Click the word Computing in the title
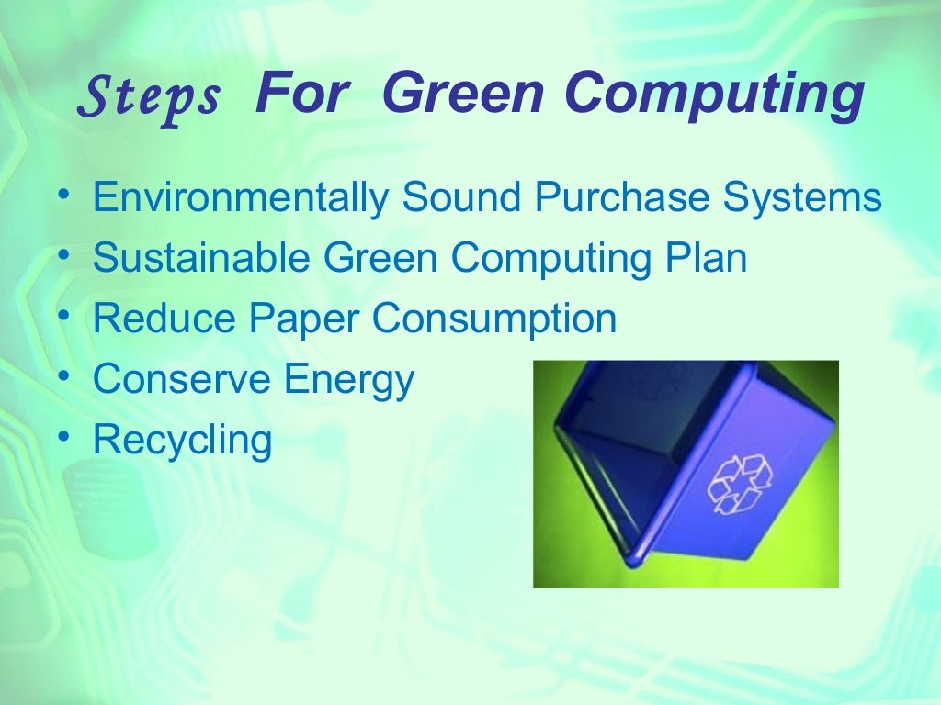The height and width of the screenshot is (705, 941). pos(714,95)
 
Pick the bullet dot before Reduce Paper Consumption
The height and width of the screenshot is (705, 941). pos(62,314)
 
